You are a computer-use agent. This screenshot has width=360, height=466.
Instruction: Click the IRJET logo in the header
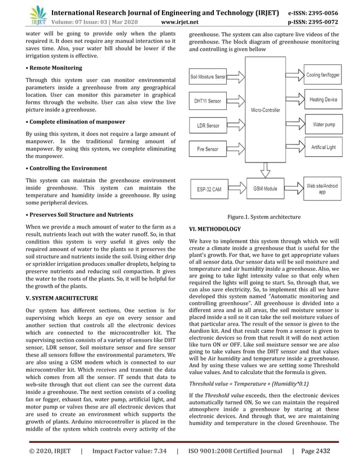(x=38, y=14)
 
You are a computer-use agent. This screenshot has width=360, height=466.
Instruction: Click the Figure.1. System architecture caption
(x=264, y=217)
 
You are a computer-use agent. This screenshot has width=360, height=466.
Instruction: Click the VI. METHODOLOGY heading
(x=215, y=229)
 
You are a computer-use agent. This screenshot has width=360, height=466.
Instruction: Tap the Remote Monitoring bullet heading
(x=54, y=68)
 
